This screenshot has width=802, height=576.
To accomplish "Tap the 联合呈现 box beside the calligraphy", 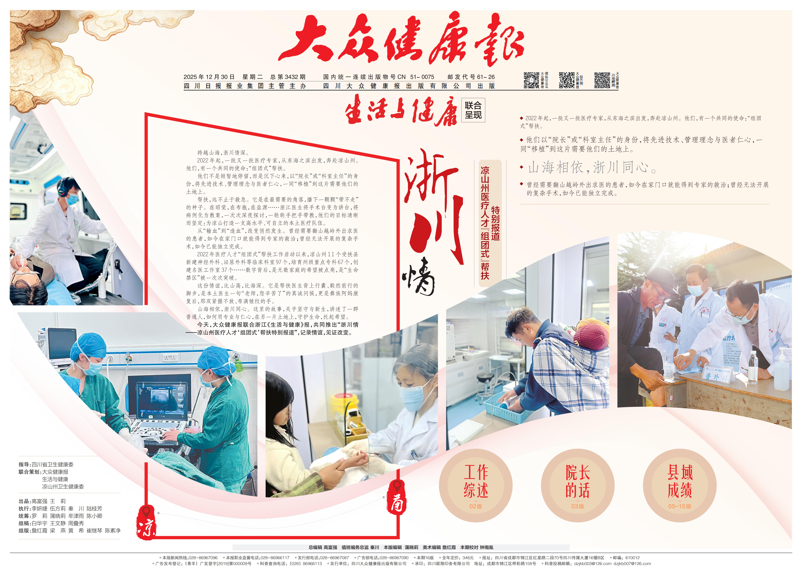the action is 473,110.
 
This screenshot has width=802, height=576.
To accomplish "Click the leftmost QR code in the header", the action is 531,80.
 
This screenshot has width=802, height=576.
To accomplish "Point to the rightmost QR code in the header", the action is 602,80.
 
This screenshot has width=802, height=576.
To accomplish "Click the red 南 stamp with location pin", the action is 397,497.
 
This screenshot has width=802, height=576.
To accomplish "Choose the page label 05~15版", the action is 680,506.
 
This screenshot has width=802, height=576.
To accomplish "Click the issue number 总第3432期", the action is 288,77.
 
